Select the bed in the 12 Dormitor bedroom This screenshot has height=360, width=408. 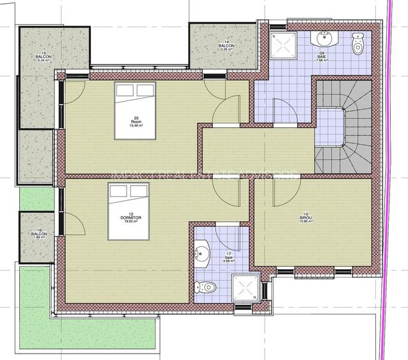click(129, 212)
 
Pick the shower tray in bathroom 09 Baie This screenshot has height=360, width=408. click(282, 44)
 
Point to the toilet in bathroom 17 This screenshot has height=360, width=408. click(205, 286)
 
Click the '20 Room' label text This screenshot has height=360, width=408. click(136, 121)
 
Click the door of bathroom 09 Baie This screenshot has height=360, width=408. click(281, 110)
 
